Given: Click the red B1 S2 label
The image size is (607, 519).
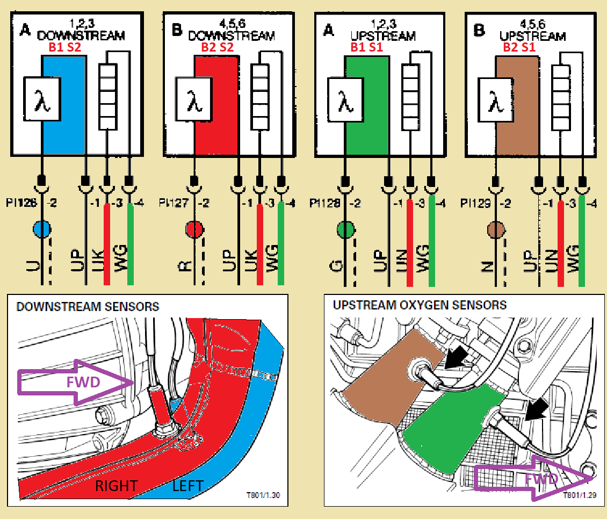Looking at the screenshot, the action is (65, 47).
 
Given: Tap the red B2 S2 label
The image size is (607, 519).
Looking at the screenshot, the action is (218, 47).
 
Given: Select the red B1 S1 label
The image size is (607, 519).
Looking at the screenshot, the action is (366, 47).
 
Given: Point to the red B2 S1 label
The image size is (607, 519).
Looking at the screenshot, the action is (519, 47).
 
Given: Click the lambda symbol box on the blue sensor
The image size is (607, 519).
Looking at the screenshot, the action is (42, 99).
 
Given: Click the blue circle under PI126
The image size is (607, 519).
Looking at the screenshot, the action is (42, 229).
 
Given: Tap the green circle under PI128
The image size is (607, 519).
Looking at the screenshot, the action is (346, 229).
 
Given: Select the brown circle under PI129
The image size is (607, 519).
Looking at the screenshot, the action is (496, 230).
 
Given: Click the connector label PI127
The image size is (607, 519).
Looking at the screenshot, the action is (174, 203).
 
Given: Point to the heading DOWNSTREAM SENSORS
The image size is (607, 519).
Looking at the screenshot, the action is (88, 307).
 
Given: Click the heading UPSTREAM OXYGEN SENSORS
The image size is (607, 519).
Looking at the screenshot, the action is (420, 305).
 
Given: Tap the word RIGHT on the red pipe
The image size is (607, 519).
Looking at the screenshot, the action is (117, 486).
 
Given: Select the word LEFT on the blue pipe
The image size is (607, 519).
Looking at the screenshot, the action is (188, 486).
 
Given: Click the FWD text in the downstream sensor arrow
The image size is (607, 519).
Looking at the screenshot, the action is (83, 383).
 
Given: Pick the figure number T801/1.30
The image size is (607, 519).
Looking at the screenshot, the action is (263, 495).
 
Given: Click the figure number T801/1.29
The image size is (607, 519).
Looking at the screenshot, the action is (580, 495).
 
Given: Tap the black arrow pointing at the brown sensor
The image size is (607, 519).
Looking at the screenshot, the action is (457, 356).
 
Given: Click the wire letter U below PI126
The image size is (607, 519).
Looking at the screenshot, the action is (34, 266).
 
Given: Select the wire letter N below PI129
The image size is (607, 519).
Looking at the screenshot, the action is (488, 266).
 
